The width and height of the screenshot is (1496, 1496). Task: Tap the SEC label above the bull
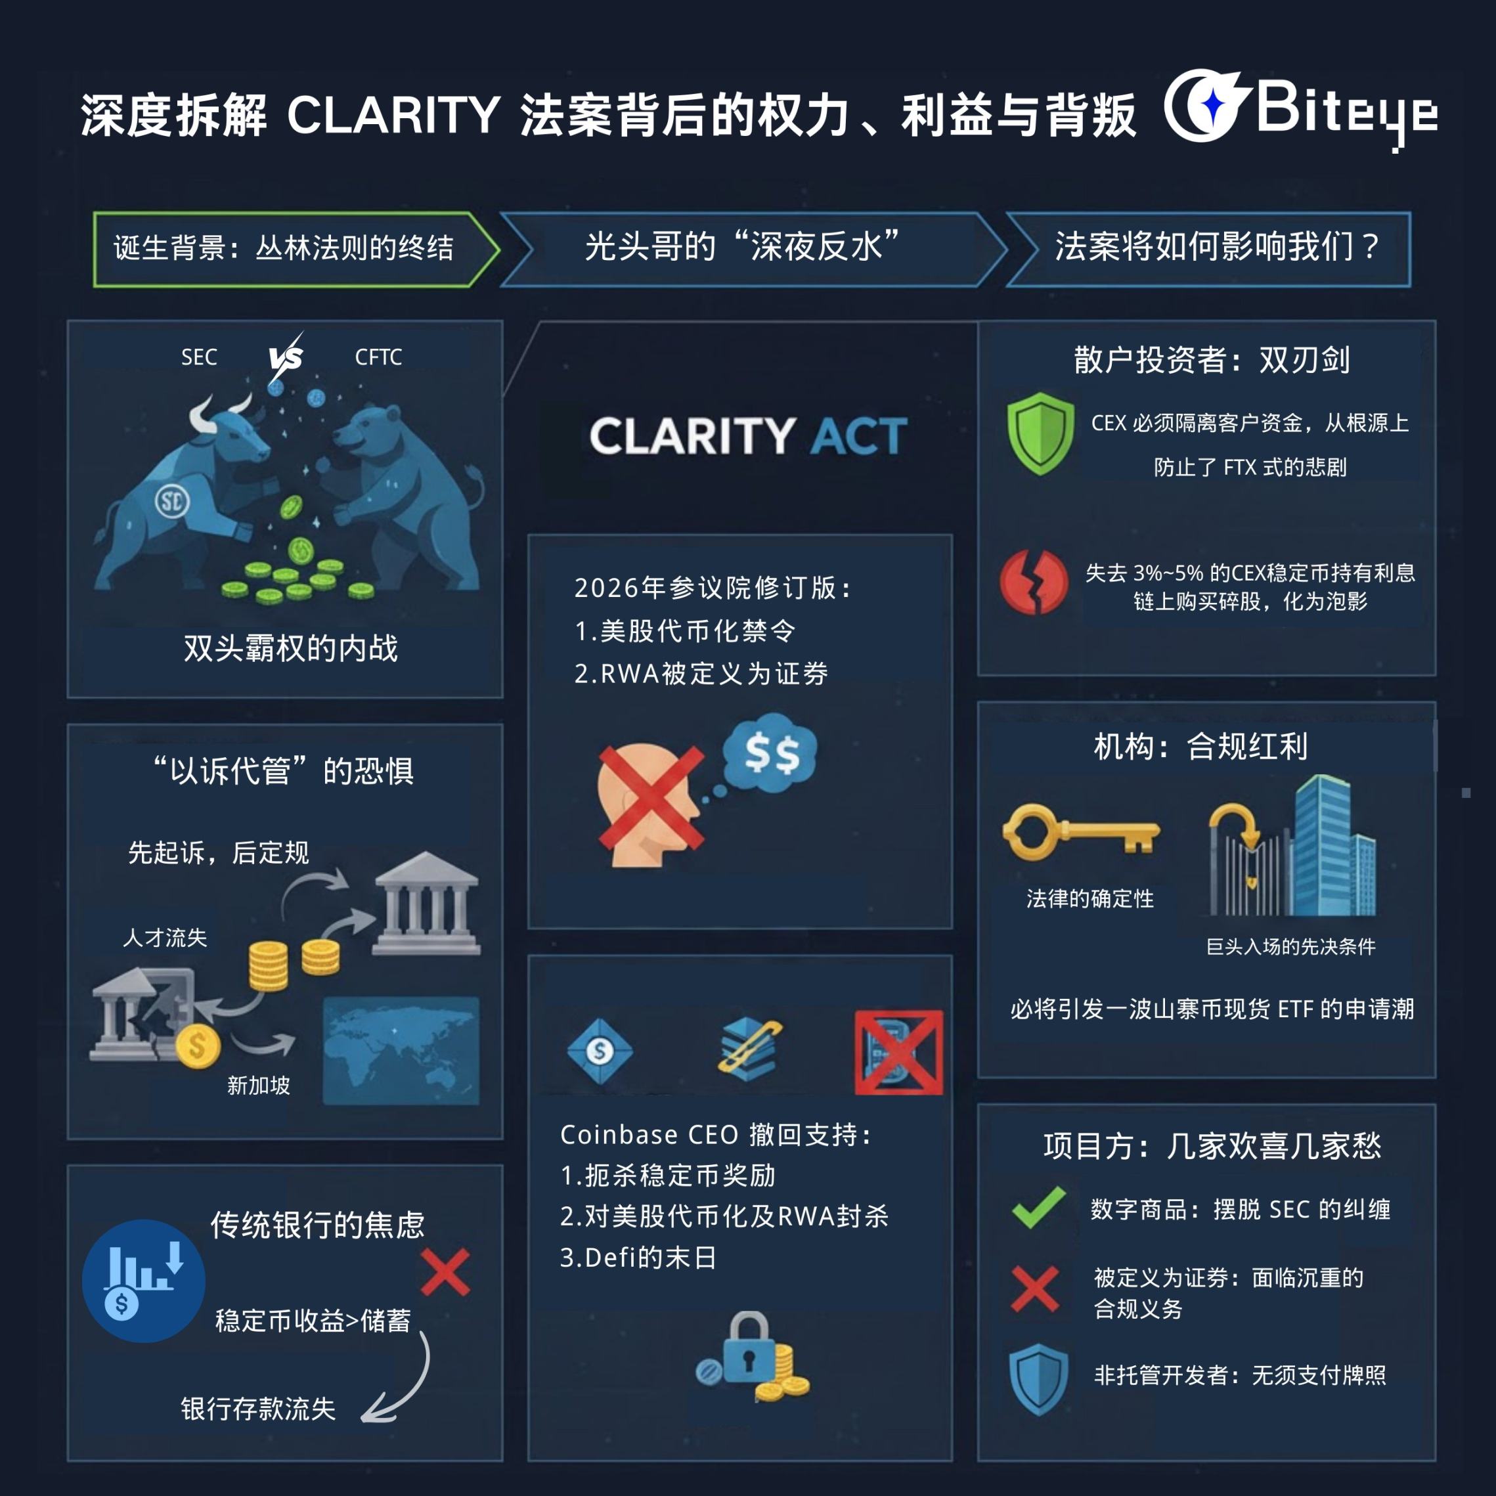(x=199, y=357)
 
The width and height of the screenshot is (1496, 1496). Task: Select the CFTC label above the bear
(x=378, y=357)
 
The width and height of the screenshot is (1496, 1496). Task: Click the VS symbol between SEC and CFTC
(x=286, y=358)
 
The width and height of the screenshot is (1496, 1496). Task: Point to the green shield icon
(x=1040, y=433)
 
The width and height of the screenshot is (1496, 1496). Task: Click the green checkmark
(x=1038, y=1207)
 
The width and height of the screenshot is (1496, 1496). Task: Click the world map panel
(x=401, y=1049)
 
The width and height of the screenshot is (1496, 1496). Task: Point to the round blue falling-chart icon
(x=144, y=1281)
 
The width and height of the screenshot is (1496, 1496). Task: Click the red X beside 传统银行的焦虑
(x=445, y=1271)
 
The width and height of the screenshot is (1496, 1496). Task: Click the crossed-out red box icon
(x=898, y=1051)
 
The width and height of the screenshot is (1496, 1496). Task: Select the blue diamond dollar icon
(x=600, y=1051)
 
